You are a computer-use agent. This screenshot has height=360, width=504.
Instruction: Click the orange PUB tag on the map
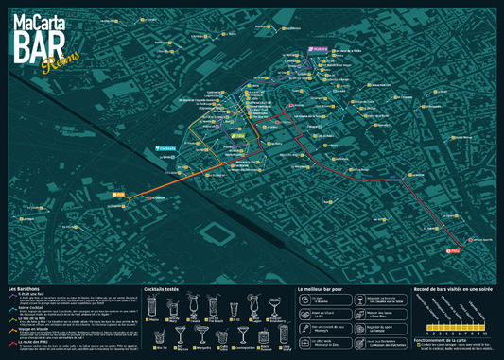pos(119,197)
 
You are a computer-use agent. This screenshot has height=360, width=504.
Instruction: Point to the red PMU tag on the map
pos(453,250)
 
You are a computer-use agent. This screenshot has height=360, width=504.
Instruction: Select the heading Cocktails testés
pos(162,288)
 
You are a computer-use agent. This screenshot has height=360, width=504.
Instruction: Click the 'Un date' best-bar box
pos(325,300)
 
